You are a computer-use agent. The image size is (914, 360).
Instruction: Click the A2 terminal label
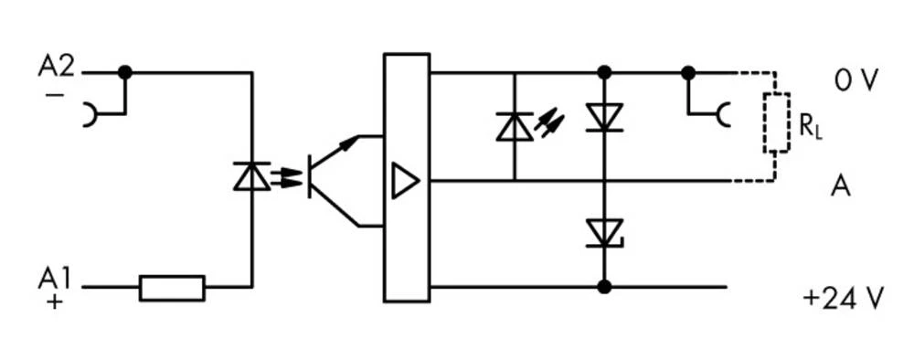(x=56, y=67)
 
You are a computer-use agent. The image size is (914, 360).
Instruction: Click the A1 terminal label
(x=56, y=278)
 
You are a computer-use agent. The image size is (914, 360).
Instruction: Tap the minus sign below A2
(x=54, y=94)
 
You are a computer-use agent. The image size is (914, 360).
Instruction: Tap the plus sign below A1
(x=55, y=302)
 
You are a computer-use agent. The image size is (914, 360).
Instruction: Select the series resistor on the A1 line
(x=172, y=288)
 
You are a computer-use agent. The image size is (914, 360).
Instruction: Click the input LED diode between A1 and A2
(x=251, y=175)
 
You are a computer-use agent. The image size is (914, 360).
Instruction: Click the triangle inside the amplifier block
(x=403, y=181)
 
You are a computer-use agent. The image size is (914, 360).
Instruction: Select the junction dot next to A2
(x=125, y=72)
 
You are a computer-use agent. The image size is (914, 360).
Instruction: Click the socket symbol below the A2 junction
(x=91, y=115)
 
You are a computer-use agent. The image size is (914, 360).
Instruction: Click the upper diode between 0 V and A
(x=603, y=118)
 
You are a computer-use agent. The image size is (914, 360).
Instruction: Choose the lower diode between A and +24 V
(x=603, y=233)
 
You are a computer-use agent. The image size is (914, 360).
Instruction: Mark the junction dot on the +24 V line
(x=603, y=287)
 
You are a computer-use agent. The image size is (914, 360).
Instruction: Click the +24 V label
(x=843, y=299)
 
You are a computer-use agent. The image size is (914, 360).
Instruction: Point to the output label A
(x=841, y=186)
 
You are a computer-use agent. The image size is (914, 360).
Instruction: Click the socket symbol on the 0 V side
(x=722, y=115)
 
